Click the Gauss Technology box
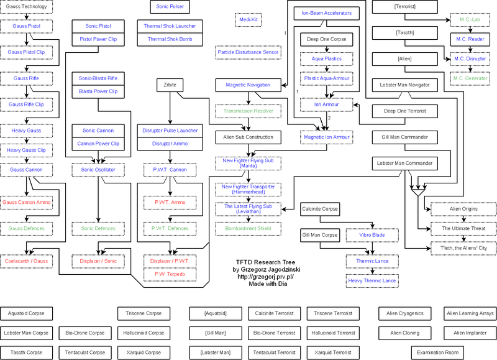(x=25, y=7)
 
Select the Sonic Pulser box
(x=170, y=7)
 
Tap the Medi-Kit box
(x=249, y=20)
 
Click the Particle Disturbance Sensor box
(x=248, y=52)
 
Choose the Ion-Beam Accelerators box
(x=326, y=12)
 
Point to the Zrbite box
(x=170, y=85)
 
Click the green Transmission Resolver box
(x=248, y=111)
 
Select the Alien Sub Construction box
(x=248, y=137)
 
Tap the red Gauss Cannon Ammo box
(x=27, y=203)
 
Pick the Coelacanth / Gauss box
(x=27, y=261)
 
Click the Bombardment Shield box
(x=248, y=228)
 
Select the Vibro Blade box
(x=372, y=236)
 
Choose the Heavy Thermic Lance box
(x=372, y=281)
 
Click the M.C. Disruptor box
(x=470, y=58)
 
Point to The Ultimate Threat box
(x=463, y=229)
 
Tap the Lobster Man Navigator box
(x=404, y=85)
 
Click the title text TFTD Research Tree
(x=263, y=262)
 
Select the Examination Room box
(x=438, y=352)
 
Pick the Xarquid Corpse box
(x=144, y=352)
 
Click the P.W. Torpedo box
(x=170, y=274)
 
